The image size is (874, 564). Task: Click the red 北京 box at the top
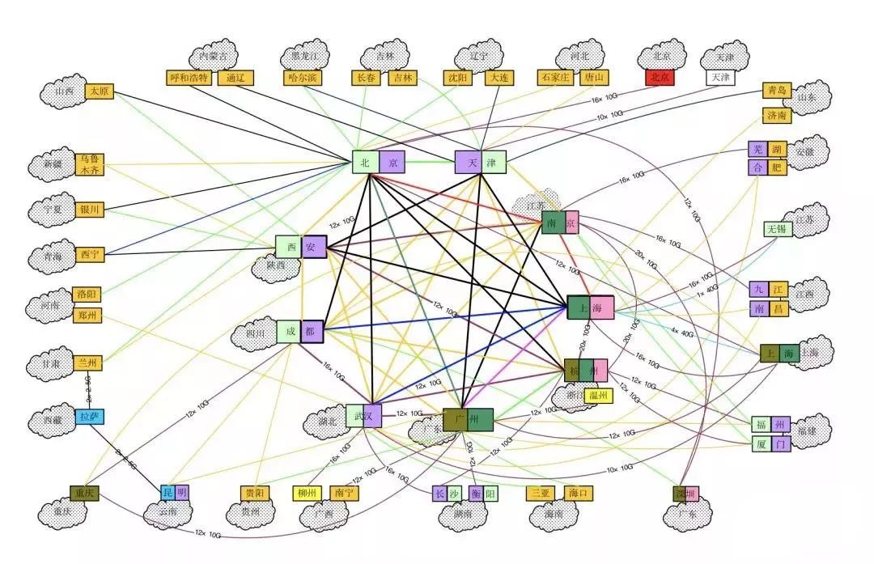[x=659, y=78]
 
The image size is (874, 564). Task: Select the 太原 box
[x=100, y=91]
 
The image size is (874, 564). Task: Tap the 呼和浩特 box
[x=189, y=78]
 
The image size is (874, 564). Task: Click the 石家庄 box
[x=555, y=78]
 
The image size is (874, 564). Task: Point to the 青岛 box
[x=776, y=91]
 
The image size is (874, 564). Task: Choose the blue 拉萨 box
[x=89, y=417]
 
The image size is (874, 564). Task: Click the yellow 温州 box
[x=600, y=396]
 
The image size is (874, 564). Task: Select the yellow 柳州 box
[x=307, y=493]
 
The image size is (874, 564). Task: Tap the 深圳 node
[x=685, y=494]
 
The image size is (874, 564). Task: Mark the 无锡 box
[x=778, y=228]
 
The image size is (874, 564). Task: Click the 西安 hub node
[x=300, y=247]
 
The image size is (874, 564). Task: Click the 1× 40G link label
[x=706, y=290]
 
